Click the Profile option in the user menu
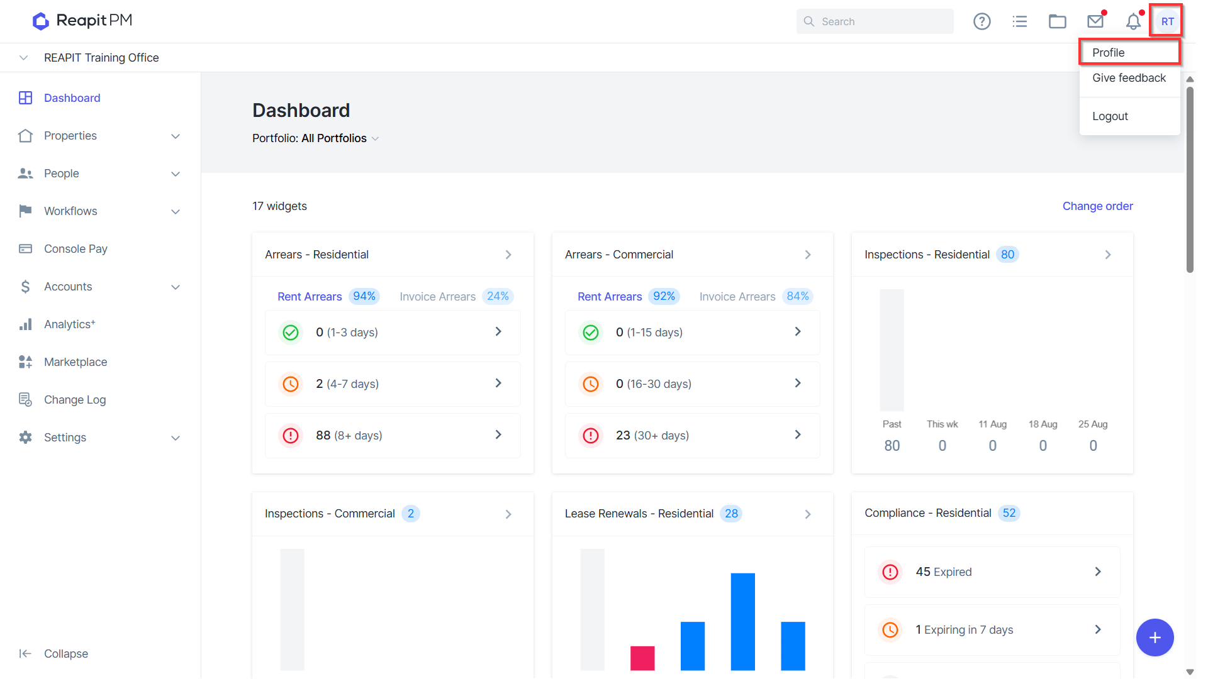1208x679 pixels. pyautogui.click(x=1108, y=53)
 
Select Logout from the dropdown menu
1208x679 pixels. pyautogui.click(x=1110, y=116)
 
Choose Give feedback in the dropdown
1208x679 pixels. pyautogui.click(x=1129, y=78)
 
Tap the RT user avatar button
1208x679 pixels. pyautogui.click(x=1167, y=21)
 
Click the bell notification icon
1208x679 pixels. pyautogui.click(x=1133, y=21)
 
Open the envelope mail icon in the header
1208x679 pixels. pyautogui.click(x=1095, y=21)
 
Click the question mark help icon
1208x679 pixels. pyautogui.click(x=981, y=21)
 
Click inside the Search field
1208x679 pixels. pyautogui.click(x=875, y=21)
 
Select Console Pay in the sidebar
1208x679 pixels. pyautogui.click(x=75, y=249)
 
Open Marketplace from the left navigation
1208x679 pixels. pyautogui.click(x=75, y=362)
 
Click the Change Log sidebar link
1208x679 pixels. pyautogui.click(x=75, y=400)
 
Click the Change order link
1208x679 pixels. pyautogui.click(x=1097, y=206)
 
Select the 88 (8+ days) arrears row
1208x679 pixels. pyautogui.click(x=393, y=436)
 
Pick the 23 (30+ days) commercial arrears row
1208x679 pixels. pyautogui.click(x=692, y=436)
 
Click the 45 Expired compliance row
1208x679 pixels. pyautogui.click(x=992, y=572)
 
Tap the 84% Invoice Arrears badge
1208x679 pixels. pyautogui.click(x=798, y=296)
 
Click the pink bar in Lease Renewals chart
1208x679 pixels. pyautogui.click(x=642, y=658)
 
